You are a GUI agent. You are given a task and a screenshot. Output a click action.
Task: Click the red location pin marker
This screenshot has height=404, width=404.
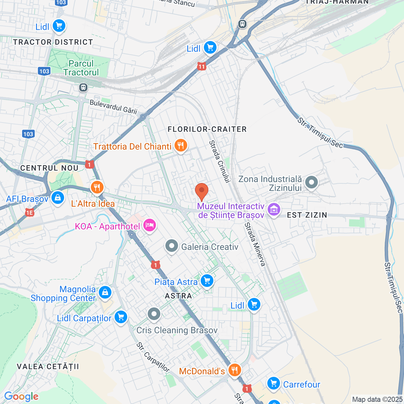(x=201, y=191)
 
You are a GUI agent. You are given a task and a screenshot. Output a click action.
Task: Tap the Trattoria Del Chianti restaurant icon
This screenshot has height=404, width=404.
(x=181, y=146)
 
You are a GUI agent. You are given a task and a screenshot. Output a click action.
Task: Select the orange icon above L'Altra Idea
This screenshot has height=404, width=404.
(x=97, y=187)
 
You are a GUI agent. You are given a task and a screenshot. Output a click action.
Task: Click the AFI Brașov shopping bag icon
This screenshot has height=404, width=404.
(x=57, y=198)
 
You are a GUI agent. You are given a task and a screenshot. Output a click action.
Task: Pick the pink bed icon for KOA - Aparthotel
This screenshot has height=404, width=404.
(x=149, y=225)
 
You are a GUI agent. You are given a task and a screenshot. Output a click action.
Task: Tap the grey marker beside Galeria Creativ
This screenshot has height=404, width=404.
(x=172, y=246)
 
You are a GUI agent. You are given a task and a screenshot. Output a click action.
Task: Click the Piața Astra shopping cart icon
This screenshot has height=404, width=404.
(x=207, y=280)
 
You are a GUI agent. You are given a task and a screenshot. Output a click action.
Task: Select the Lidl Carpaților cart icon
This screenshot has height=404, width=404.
(x=121, y=317)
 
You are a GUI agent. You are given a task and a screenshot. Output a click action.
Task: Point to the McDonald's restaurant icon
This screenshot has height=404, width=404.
(x=234, y=370)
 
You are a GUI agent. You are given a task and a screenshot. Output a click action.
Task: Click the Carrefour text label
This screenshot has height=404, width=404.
(x=301, y=384)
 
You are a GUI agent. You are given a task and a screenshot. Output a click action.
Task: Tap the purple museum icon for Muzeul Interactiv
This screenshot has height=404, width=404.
(x=274, y=209)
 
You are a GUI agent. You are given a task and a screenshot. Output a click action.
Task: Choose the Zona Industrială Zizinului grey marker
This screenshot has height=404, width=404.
(x=312, y=182)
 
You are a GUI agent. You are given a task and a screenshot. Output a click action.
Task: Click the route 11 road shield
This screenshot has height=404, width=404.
(x=201, y=67)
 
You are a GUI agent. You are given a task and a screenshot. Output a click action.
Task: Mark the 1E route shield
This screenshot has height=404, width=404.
(x=29, y=213)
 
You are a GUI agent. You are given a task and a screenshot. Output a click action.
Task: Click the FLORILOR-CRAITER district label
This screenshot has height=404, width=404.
(x=207, y=129)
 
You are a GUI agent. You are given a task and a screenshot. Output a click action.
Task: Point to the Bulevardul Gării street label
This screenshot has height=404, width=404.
(x=113, y=107)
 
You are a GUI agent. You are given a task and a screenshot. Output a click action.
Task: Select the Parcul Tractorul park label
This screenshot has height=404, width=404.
(x=81, y=68)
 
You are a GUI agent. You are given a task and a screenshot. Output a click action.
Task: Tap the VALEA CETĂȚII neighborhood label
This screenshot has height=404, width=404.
(x=48, y=366)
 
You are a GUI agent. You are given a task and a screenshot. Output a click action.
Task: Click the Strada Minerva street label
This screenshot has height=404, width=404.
(x=255, y=244)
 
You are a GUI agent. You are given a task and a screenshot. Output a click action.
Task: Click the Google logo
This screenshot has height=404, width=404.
(x=21, y=396)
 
